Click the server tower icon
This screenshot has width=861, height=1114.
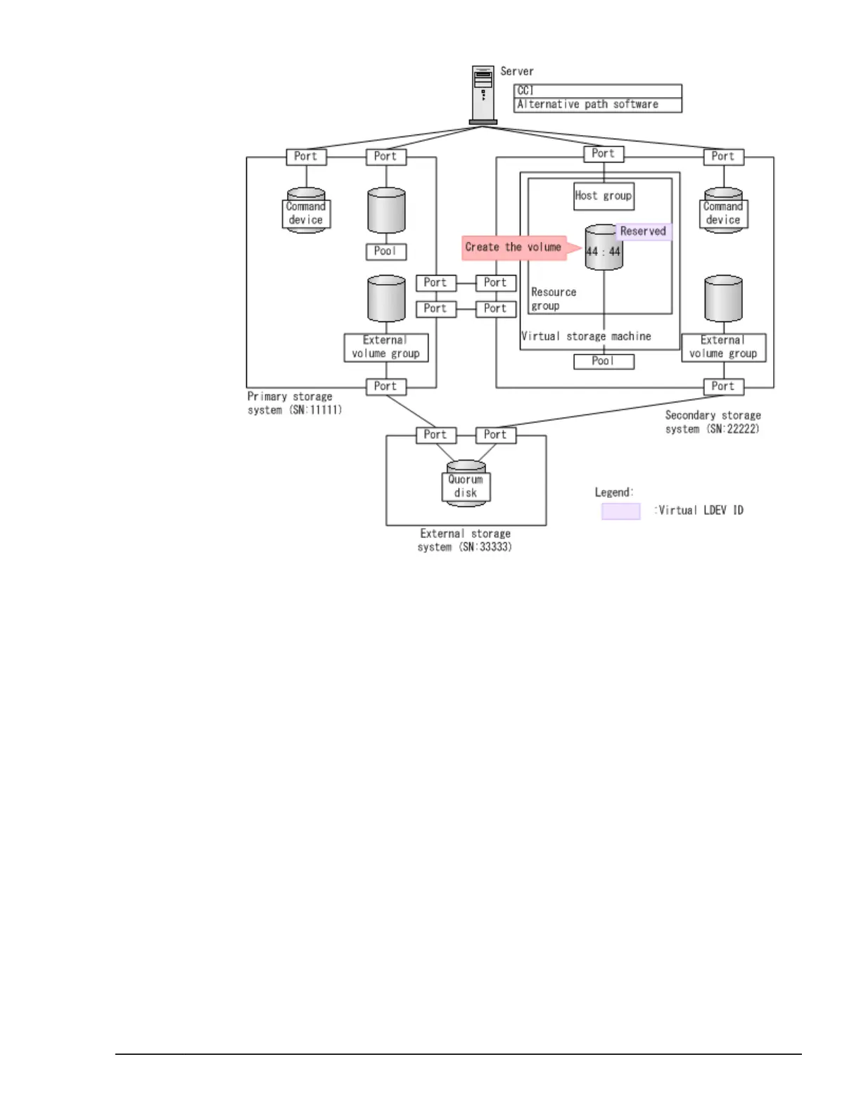click(483, 94)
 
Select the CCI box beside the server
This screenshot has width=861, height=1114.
click(598, 91)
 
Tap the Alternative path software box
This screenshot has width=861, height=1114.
click(598, 105)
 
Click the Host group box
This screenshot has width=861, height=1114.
click(604, 196)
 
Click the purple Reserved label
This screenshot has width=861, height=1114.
click(643, 231)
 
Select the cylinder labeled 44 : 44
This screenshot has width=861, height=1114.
click(604, 250)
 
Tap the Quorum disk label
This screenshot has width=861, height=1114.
click(466, 486)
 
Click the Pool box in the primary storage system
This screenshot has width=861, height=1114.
click(385, 251)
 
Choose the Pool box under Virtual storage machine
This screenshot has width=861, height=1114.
click(604, 361)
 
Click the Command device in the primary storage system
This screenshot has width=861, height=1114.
click(306, 212)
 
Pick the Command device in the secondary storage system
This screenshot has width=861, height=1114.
click(723, 212)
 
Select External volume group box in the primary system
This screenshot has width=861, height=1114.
click(385, 347)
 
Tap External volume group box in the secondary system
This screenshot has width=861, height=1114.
click(723, 347)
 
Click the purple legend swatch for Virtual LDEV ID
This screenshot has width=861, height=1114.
click(620, 511)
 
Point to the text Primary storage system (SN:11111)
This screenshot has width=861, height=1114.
click(294, 404)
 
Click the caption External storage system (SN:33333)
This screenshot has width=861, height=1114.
click(465, 540)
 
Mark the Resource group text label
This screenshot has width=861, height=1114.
click(553, 299)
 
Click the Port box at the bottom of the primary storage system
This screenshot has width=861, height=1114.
click(385, 386)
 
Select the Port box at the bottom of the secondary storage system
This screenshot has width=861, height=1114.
click(723, 386)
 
